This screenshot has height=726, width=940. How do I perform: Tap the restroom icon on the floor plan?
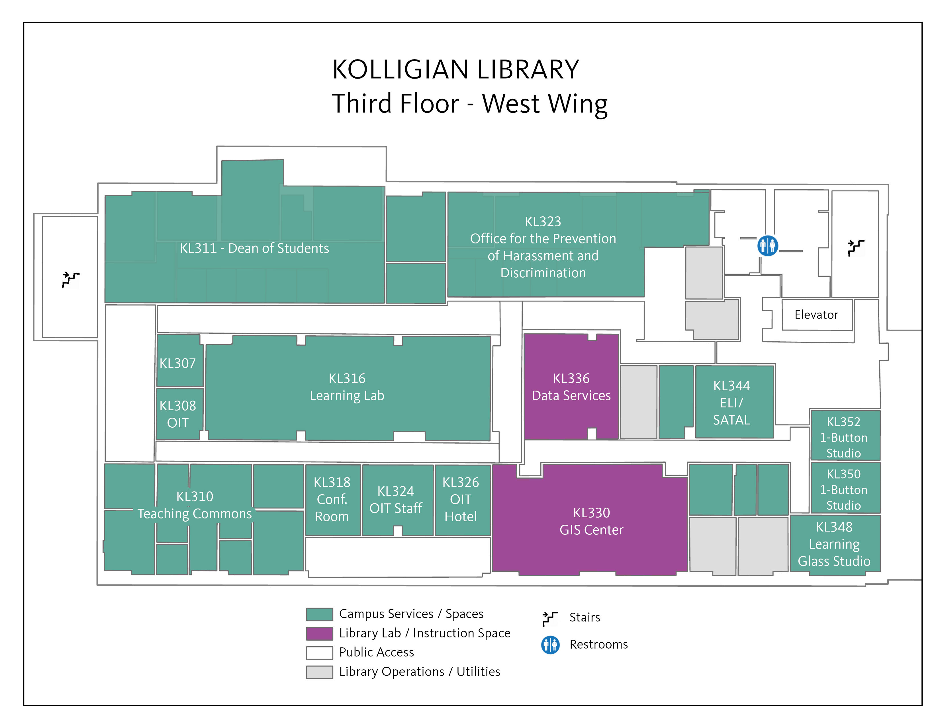767,246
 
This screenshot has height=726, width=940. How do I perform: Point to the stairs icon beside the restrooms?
856,248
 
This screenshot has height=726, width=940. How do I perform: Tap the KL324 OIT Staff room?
398,500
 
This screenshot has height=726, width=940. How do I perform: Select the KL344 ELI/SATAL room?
734,402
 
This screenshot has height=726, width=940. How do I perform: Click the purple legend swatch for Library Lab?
319,633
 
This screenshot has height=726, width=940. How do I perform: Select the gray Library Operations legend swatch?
319,672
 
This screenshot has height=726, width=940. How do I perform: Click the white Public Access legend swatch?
319,653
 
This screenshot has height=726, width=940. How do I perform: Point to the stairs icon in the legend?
550,618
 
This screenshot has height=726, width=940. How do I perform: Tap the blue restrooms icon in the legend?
551,645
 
